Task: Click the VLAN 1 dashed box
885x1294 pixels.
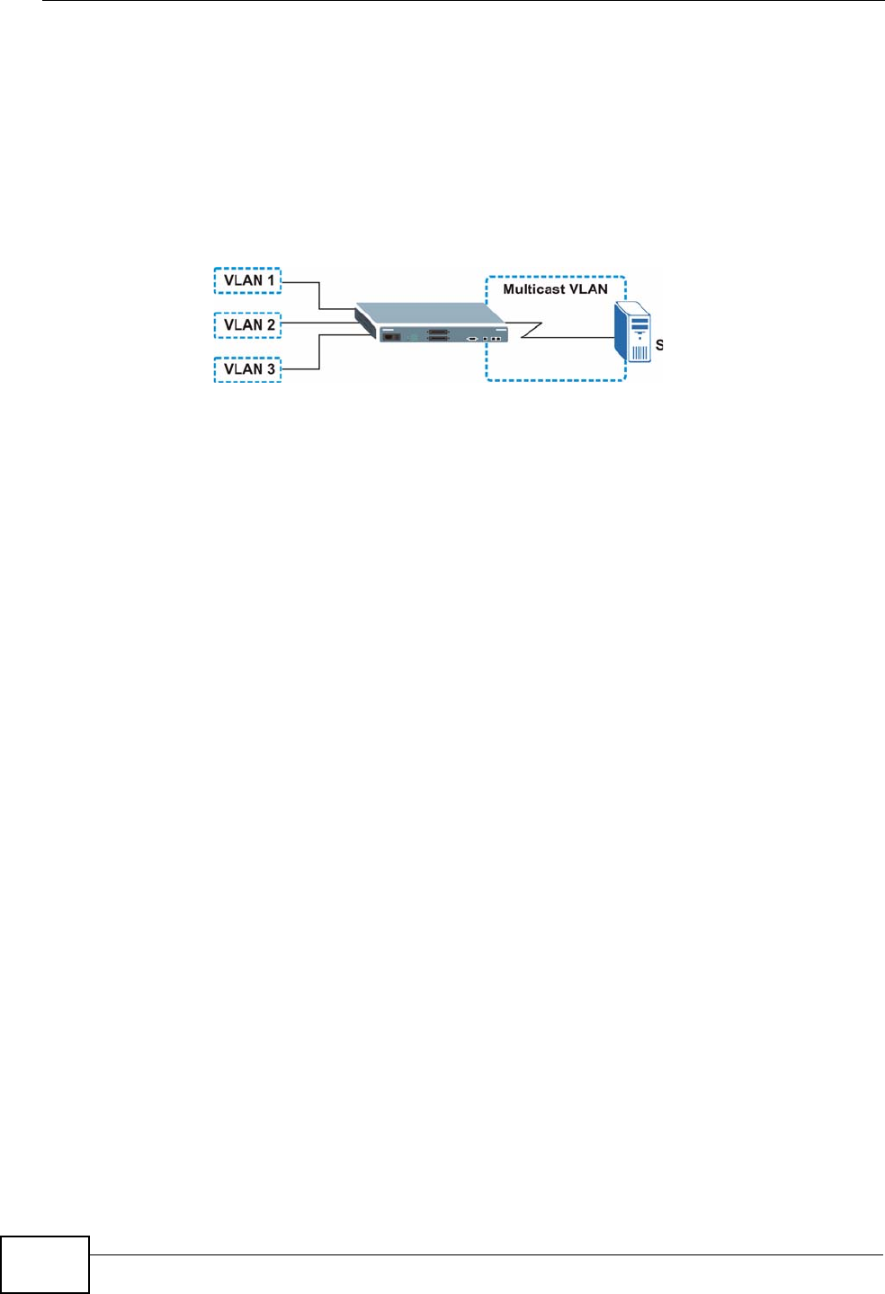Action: point(247,280)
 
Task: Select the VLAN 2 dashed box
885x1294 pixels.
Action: point(247,324)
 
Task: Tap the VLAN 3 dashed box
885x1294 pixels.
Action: point(247,369)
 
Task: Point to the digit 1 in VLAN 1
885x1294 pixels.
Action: point(270,280)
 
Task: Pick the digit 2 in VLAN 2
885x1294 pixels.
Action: point(270,324)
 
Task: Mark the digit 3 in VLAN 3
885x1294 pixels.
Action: point(270,369)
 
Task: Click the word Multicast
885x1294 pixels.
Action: point(534,289)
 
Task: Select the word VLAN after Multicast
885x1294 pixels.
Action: point(588,289)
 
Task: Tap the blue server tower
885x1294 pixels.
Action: point(632,331)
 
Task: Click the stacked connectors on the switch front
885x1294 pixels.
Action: point(438,336)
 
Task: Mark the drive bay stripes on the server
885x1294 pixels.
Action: point(639,321)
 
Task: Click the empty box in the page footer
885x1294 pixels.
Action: point(45,1264)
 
